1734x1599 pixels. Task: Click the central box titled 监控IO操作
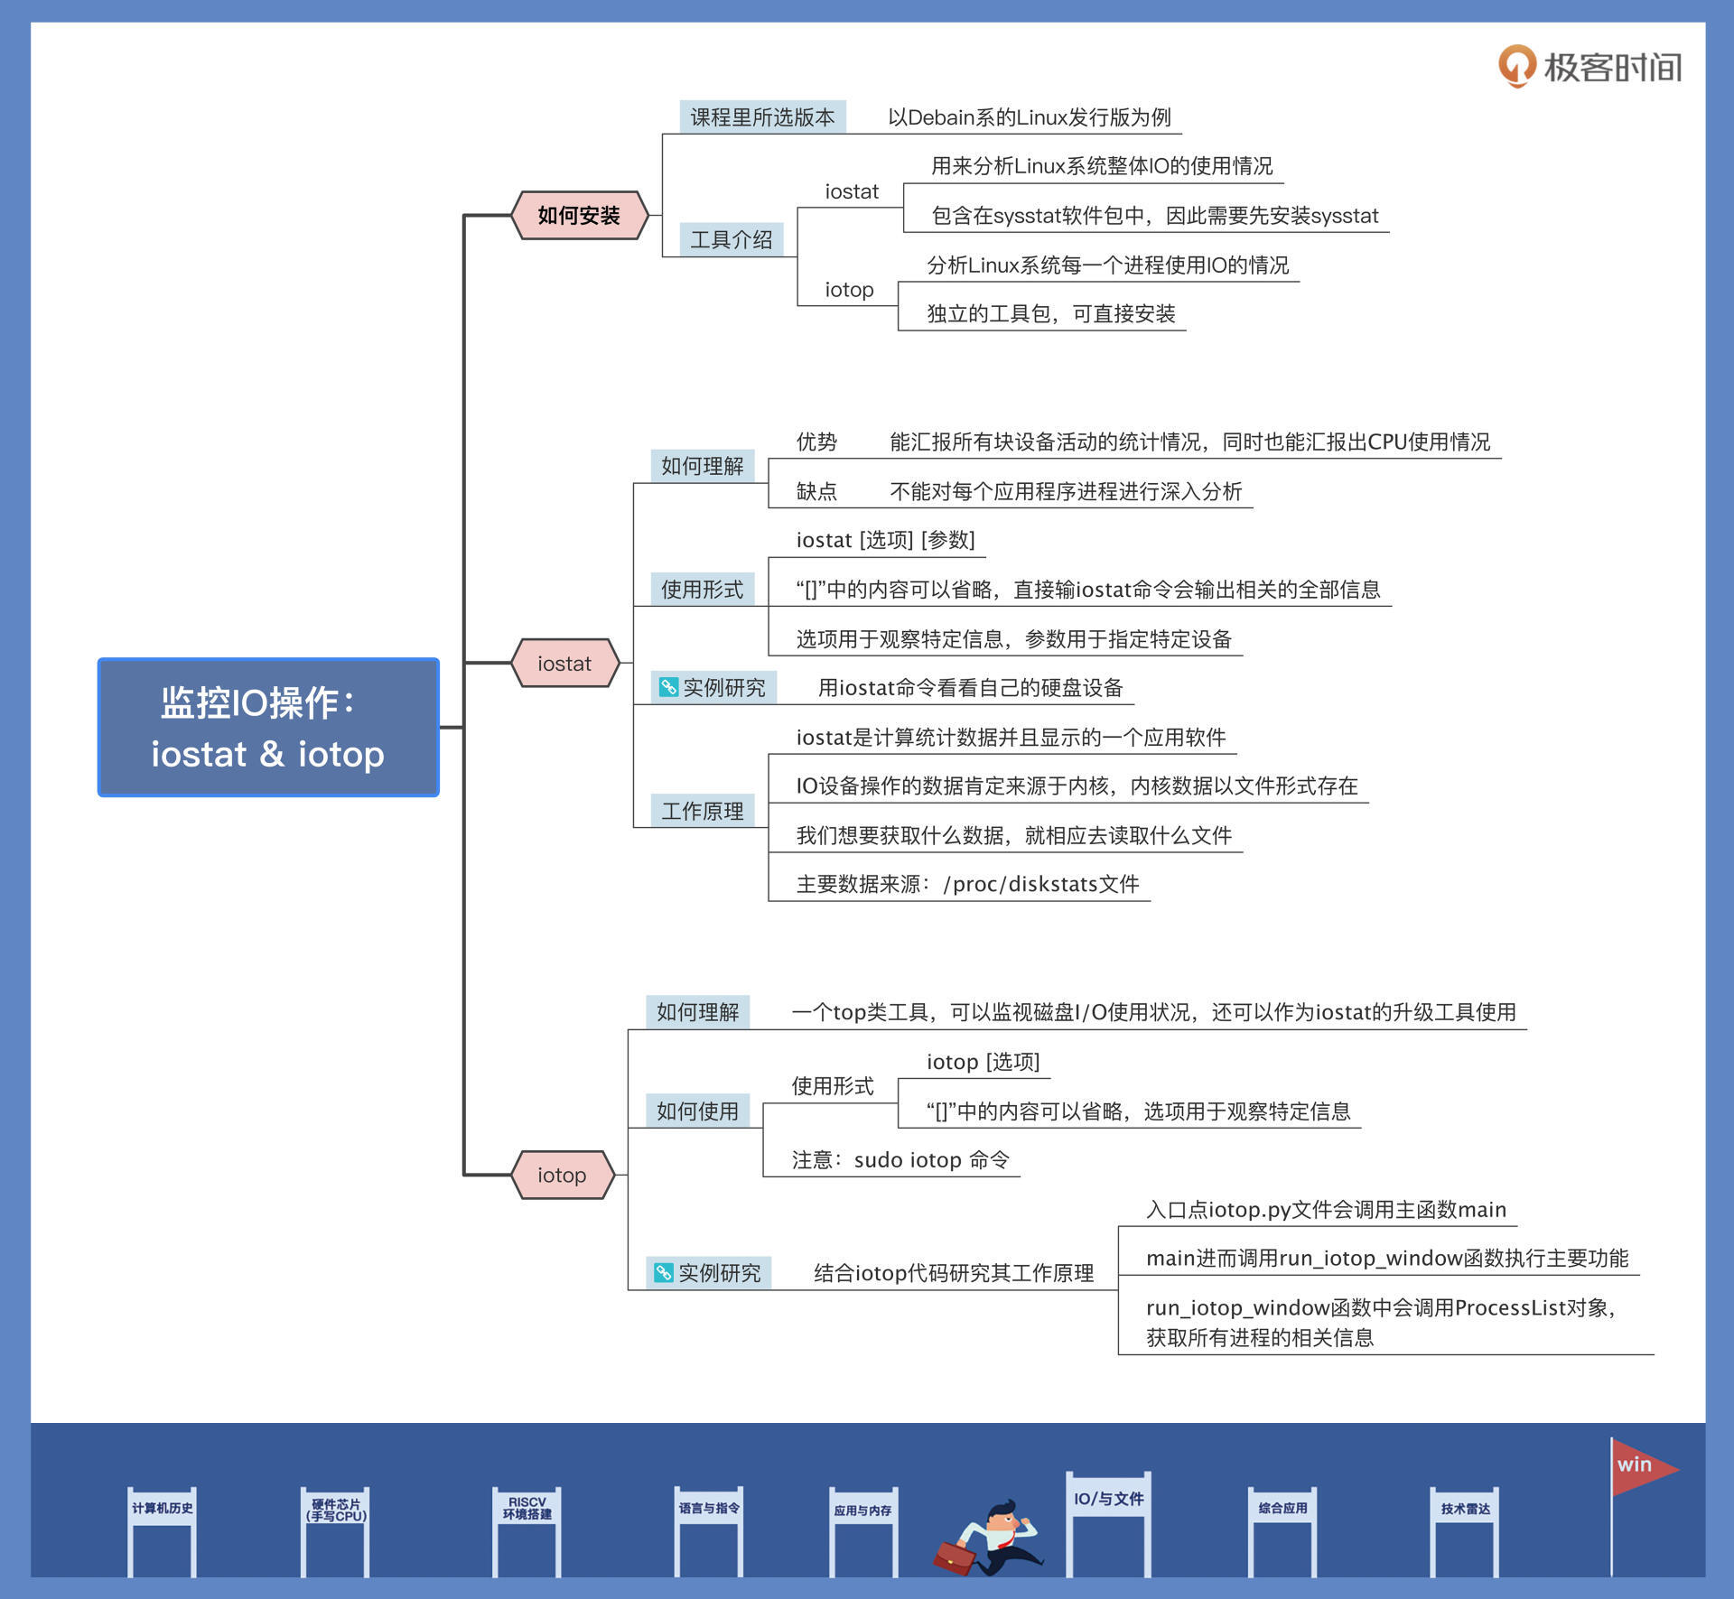pyautogui.click(x=268, y=727)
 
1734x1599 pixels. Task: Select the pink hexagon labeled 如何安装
pyautogui.click(x=579, y=216)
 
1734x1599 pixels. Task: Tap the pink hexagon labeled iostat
pyautogui.click(x=564, y=664)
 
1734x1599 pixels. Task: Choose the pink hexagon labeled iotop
pyautogui.click(x=562, y=1175)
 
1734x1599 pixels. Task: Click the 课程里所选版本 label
pyautogui.click(x=762, y=117)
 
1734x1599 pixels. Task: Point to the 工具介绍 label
pyautogui.click(x=731, y=240)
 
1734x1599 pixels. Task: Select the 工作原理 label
pyautogui.click(x=702, y=811)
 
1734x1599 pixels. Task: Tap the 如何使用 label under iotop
pyautogui.click(x=697, y=1111)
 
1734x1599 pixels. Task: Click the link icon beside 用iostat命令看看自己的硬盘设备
pyautogui.click(x=668, y=687)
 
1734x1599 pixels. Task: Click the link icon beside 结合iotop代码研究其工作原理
pyautogui.click(x=664, y=1272)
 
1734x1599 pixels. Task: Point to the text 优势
pyautogui.click(x=816, y=442)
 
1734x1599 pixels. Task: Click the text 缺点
pyautogui.click(x=816, y=491)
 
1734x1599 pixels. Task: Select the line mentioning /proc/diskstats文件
pyautogui.click(x=967, y=884)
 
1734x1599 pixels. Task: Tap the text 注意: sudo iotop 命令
pyautogui.click(x=900, y=1160)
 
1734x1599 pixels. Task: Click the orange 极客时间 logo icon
pyautogui.click(x=1517, y=66)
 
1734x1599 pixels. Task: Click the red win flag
pyautogui.click(x=1640, y=1466)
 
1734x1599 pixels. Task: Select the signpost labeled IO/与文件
pyautogui.click(x=1108, y=1500)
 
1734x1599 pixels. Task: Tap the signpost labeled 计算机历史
pyautogui.click(x=163, y=1509)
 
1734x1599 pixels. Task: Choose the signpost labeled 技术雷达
pyautogui.click(x=1465, y=1509)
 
